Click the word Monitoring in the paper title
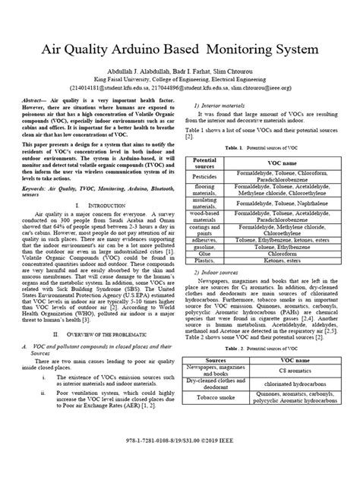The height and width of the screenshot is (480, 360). (x=256, y=50)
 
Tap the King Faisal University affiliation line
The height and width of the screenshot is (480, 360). (x=179, y=78)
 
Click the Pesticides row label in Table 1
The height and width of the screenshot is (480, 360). (x=206, y=178)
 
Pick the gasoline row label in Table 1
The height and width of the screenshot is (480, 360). (x=206, y=247)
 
